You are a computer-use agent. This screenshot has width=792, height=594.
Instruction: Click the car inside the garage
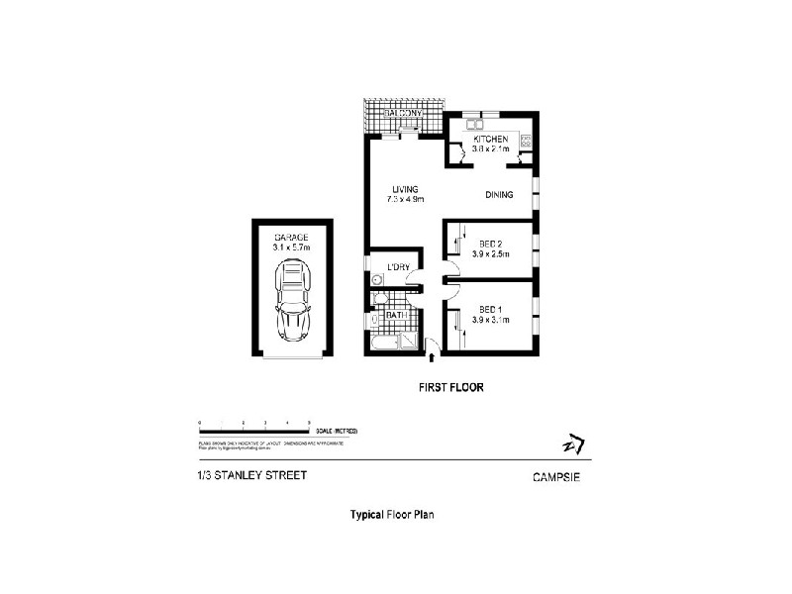point(293,300)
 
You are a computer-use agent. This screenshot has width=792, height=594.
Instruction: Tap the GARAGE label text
point(292,238)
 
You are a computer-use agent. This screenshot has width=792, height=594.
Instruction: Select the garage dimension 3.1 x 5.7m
point(292,247)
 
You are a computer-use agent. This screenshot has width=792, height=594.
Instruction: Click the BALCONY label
point(403,114)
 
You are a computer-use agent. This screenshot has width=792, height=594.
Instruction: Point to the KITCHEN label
point(490,140)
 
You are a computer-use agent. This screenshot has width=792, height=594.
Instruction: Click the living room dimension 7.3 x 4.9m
point(405,200)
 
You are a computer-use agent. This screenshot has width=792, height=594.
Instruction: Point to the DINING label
point(499,195)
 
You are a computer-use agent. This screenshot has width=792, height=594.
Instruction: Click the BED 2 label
point(490,245)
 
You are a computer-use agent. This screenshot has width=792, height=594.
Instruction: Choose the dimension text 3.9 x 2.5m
point(490,254)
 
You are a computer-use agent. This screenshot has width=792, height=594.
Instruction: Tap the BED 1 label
point(490,309)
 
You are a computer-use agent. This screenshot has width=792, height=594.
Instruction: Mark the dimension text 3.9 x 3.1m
point(490,319)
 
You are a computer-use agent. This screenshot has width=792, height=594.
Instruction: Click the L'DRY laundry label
point(399,268)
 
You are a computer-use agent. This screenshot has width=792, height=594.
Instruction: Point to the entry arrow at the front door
point(432,346)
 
